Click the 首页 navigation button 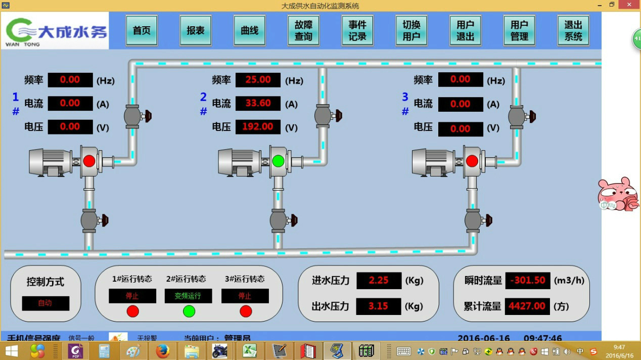[142, 30]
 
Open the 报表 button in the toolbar [196, 30]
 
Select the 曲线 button [250, 30]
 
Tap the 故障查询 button [303, 30]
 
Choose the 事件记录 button [357, 30]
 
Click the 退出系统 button [573, 30]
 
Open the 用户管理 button [519, 30]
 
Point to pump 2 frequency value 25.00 [258, 80]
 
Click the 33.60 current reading [258, 103]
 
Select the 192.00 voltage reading [258, 126]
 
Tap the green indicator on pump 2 [278, 161]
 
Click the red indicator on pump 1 [89, 161]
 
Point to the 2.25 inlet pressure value [379, 280]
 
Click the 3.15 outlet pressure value [379, 306]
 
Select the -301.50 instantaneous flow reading [528, 280]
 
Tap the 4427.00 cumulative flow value [528, 306]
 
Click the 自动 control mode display [45, 303]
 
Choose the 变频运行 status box [188, 296]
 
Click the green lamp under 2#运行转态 [189, 311]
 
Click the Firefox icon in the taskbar [162, 350]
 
